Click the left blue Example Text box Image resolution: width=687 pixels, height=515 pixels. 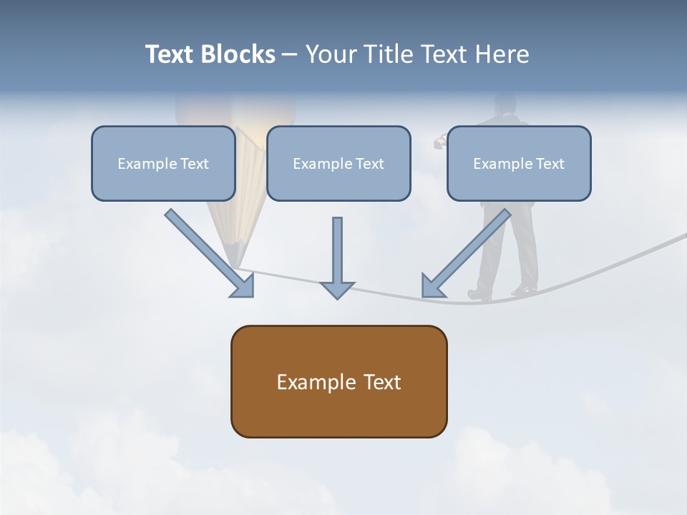[163, 163]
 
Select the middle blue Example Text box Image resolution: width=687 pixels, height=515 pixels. [338, 163]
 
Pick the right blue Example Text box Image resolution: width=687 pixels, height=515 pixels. [519, 163]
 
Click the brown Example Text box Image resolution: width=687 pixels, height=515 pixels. [338, 381]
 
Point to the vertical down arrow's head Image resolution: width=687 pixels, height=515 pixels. [337, 290]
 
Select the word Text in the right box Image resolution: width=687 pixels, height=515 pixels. [550, 163]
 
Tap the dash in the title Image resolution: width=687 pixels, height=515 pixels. [290, 54]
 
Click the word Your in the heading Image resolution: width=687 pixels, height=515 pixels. [331, 54]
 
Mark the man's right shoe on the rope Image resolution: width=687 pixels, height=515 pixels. [524, 290]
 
